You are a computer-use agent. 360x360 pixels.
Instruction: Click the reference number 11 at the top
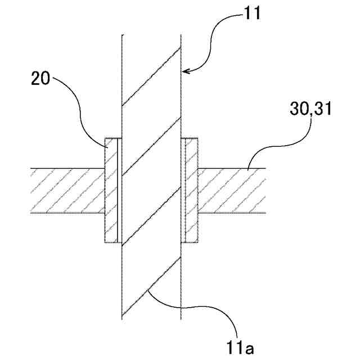click(252, 13)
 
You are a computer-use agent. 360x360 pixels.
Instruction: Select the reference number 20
click(40, 79)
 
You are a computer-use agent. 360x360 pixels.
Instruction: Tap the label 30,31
click(311, 109)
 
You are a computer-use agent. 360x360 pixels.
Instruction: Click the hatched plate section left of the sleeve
click(67, 191)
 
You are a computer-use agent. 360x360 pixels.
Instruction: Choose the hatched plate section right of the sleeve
click(231, 191)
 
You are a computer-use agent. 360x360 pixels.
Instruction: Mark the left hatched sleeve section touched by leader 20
click(111, 191)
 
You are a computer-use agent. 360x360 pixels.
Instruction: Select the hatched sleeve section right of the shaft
click(192, 191)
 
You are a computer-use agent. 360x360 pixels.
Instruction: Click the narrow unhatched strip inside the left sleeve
click(118, 191)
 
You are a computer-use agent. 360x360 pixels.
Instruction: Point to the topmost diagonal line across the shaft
click(151, 76)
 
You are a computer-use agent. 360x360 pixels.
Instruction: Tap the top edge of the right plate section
click(231, 168)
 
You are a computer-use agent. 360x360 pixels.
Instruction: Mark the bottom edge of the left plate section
click(67, 213)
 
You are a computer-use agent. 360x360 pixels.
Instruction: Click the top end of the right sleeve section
click(191, 137)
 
